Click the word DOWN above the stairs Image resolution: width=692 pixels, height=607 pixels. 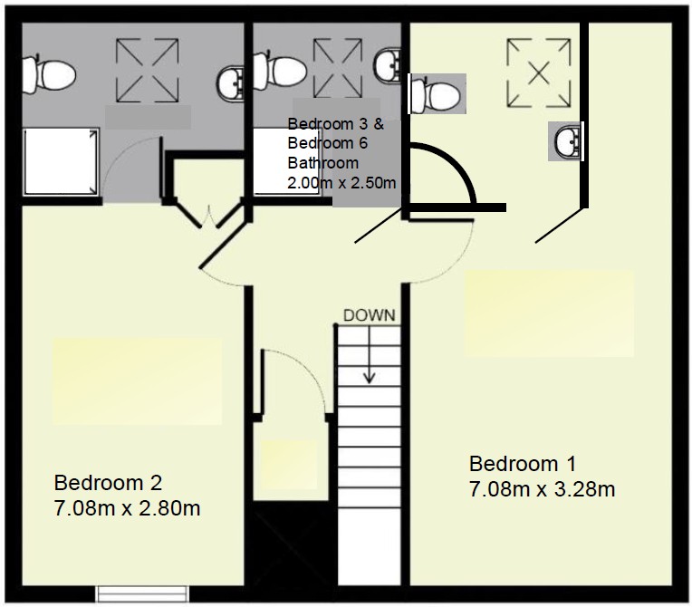pyautogui.click(x=369, y=315)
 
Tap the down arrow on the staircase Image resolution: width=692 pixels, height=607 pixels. pyautogui.click(x=369, y=354)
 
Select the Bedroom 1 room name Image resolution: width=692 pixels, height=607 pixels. pyautogui.click(x=522, y=464)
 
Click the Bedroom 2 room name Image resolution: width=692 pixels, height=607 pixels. pyautogui.click(x=108, y=483)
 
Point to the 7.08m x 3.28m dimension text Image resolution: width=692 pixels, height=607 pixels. pyautogui.click(x=542, y=489)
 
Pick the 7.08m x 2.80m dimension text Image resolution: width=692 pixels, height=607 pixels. pyautogui.click(x=127, y=508)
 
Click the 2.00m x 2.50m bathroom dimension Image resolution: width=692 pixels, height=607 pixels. pyautogui.click(x=341, y=183)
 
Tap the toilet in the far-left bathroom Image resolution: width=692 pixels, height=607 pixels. pyautogui.click(x=49, y=74)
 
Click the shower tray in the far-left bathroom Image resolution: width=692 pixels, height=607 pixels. pyautogui.click(x=61, y=161)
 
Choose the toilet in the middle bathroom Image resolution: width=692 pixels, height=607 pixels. pyautogui.click(x=280, y=69)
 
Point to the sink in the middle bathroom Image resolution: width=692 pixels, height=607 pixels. pyautogui.click(x=388, y=65)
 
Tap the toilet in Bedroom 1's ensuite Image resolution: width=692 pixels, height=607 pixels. pyautogui.click(x=435, y=94)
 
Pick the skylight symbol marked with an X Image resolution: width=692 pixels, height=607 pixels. pyautogui.click(x=539, y=72)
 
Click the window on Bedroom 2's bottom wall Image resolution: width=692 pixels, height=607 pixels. pyautogui.click(x=142, y=593)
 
